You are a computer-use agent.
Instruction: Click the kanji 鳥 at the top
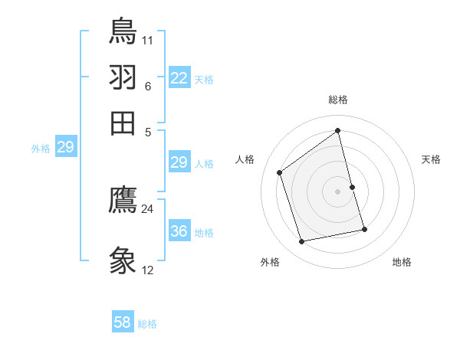[123, 31]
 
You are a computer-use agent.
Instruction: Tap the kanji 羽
[123, 77]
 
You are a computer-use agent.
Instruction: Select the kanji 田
[123, 123]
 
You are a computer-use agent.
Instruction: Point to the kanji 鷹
[123, 201]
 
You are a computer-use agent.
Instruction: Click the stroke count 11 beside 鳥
[148, 39]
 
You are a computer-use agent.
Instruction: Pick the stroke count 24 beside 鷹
[148, 208]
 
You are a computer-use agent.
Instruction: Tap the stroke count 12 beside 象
[148, 270]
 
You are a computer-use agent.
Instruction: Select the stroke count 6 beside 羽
[148, 86]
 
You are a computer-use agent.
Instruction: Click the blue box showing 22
[179, 78]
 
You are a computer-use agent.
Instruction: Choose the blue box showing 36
[179, 231]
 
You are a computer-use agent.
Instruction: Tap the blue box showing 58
[123, 322]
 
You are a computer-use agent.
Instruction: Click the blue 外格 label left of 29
[41, 149]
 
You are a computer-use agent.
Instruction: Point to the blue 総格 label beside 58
[147, 324]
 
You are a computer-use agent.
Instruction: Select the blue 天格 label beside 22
[204, 80]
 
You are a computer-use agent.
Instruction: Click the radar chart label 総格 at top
[338, 100]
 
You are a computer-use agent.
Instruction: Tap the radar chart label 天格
[431, 159]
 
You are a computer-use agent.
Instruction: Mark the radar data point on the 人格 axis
[280, 172]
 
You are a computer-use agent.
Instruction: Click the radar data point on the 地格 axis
[365, 229]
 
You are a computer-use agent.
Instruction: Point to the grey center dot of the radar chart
[338, 191]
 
